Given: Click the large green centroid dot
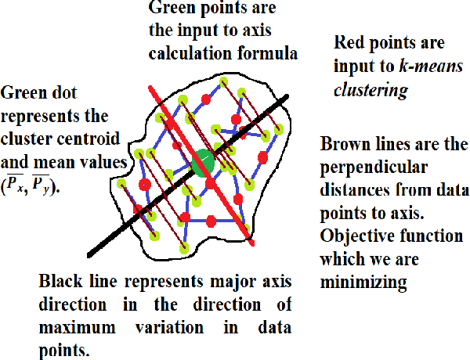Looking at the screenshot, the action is click(203, 161).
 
